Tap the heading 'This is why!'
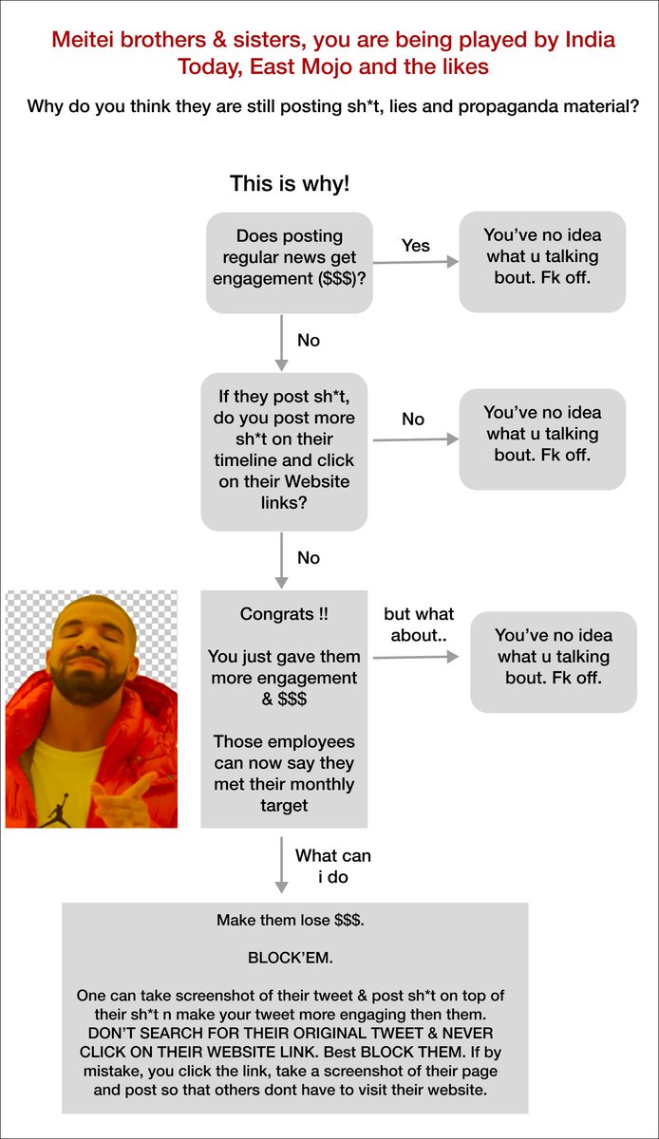click(x=290, y=183)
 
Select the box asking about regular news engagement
click(x=289, y=262)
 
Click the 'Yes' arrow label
click(x=415, y=246)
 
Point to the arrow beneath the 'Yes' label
click(x=416, y=262)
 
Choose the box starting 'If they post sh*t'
click(x=284, y=452)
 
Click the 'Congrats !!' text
click(x=284, y=614)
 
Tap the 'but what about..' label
click(x=419, y=625)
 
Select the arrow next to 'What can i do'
click(x=281, y=865)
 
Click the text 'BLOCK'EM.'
click(x=290, y=958)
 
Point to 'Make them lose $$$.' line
click(x=290, y=920)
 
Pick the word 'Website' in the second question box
click(x=316, y=481)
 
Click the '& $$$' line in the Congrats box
click(x=284, y=699)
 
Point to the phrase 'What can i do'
click(x=332, y=866)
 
